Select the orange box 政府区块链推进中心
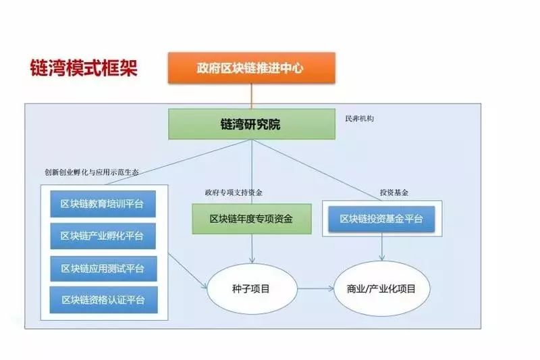click(251, 68)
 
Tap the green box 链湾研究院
click(251, 124)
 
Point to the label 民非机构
click(359, 118)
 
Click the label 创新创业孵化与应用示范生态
click(92, 172)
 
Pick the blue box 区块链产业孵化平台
click(103, 236)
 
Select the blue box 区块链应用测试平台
click(103, 268)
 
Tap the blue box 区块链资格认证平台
click(103, 299)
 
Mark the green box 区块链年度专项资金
click(251, 219)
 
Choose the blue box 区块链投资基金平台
click(382, 219)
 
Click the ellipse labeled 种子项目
click(251, 288)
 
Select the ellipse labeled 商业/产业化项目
click(382, 288)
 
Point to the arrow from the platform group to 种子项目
click(189, 270)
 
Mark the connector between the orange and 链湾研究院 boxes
click(251, 96)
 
